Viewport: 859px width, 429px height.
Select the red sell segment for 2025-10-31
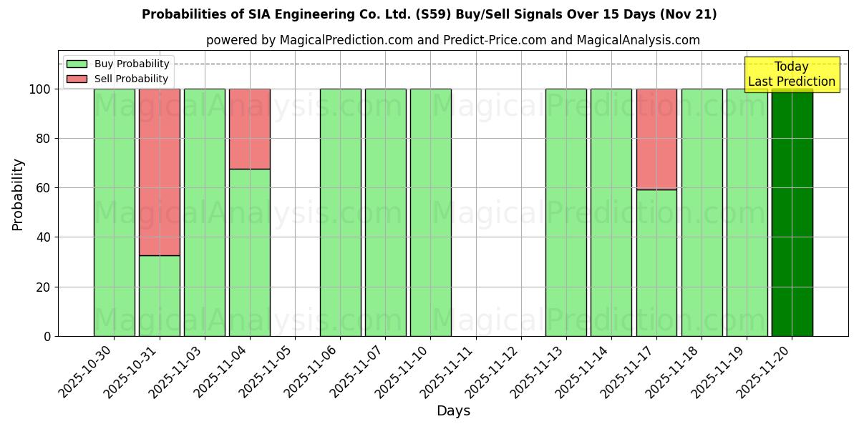pos(160,172)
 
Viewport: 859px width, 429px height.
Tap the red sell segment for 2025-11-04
pos(250,129)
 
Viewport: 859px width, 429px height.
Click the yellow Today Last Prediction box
pos(792,74)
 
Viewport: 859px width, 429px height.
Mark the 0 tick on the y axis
pos(49,336)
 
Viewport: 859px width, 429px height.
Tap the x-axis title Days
pos(453,411)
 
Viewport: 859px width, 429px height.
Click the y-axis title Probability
pos(18,194)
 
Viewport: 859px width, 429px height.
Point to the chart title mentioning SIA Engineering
pos(429,14)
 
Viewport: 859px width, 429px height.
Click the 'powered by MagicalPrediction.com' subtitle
pos(452,40)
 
